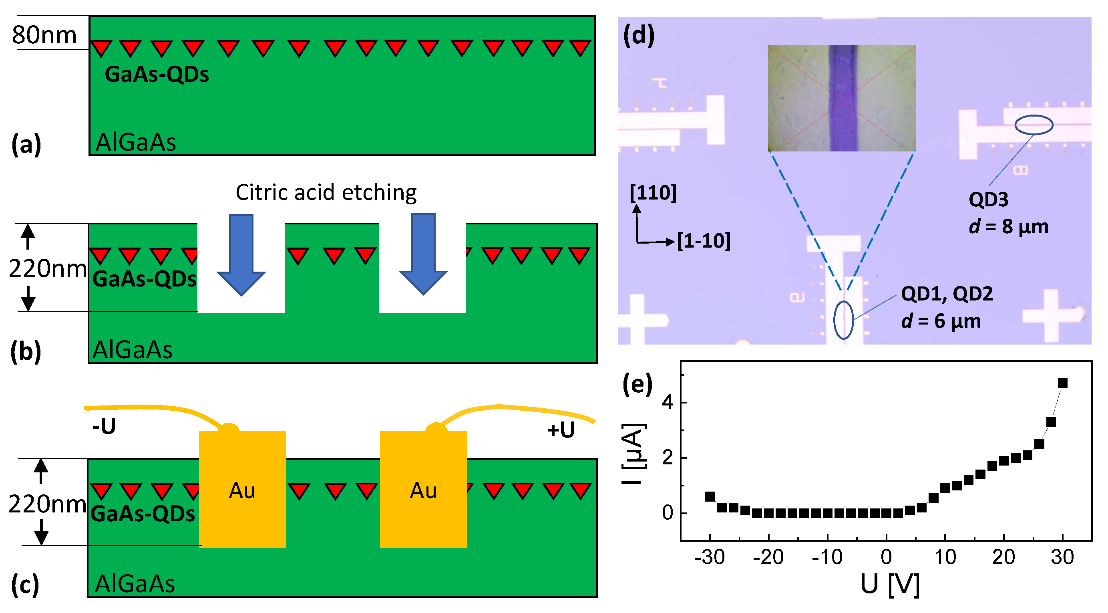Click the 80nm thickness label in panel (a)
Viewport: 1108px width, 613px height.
pyautogui.click(x=44, y=35)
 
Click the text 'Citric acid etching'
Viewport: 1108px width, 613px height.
pyautogui.click(x=326, y=192)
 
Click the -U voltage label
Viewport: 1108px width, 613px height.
pyautogui.click(x=104, y=426)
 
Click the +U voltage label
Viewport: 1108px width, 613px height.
pyautogui.click(x=561, y=430)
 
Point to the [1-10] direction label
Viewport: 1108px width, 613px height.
pyautogui.click(x=703, y=241)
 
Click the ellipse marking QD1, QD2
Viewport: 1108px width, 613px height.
pyautogui.click(x=843, y=320)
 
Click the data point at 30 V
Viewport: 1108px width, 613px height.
pyautogui.click(x=1062, y=383)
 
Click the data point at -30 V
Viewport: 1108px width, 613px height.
pyautogui.click(x=710, y=496)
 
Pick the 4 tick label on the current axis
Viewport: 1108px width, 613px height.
pyautogui.click(x=667, y=402)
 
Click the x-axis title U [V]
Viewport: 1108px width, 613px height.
pyautogui.click(x=889, y=584)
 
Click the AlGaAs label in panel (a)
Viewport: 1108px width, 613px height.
pyautogui.click(x=135, y=142)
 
